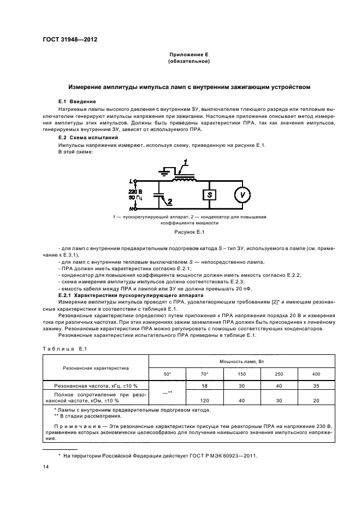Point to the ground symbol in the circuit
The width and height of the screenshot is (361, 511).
click(162, 171)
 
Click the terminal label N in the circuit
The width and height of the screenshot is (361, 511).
click(131, 208)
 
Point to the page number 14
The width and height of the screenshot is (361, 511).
click(46, 467)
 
